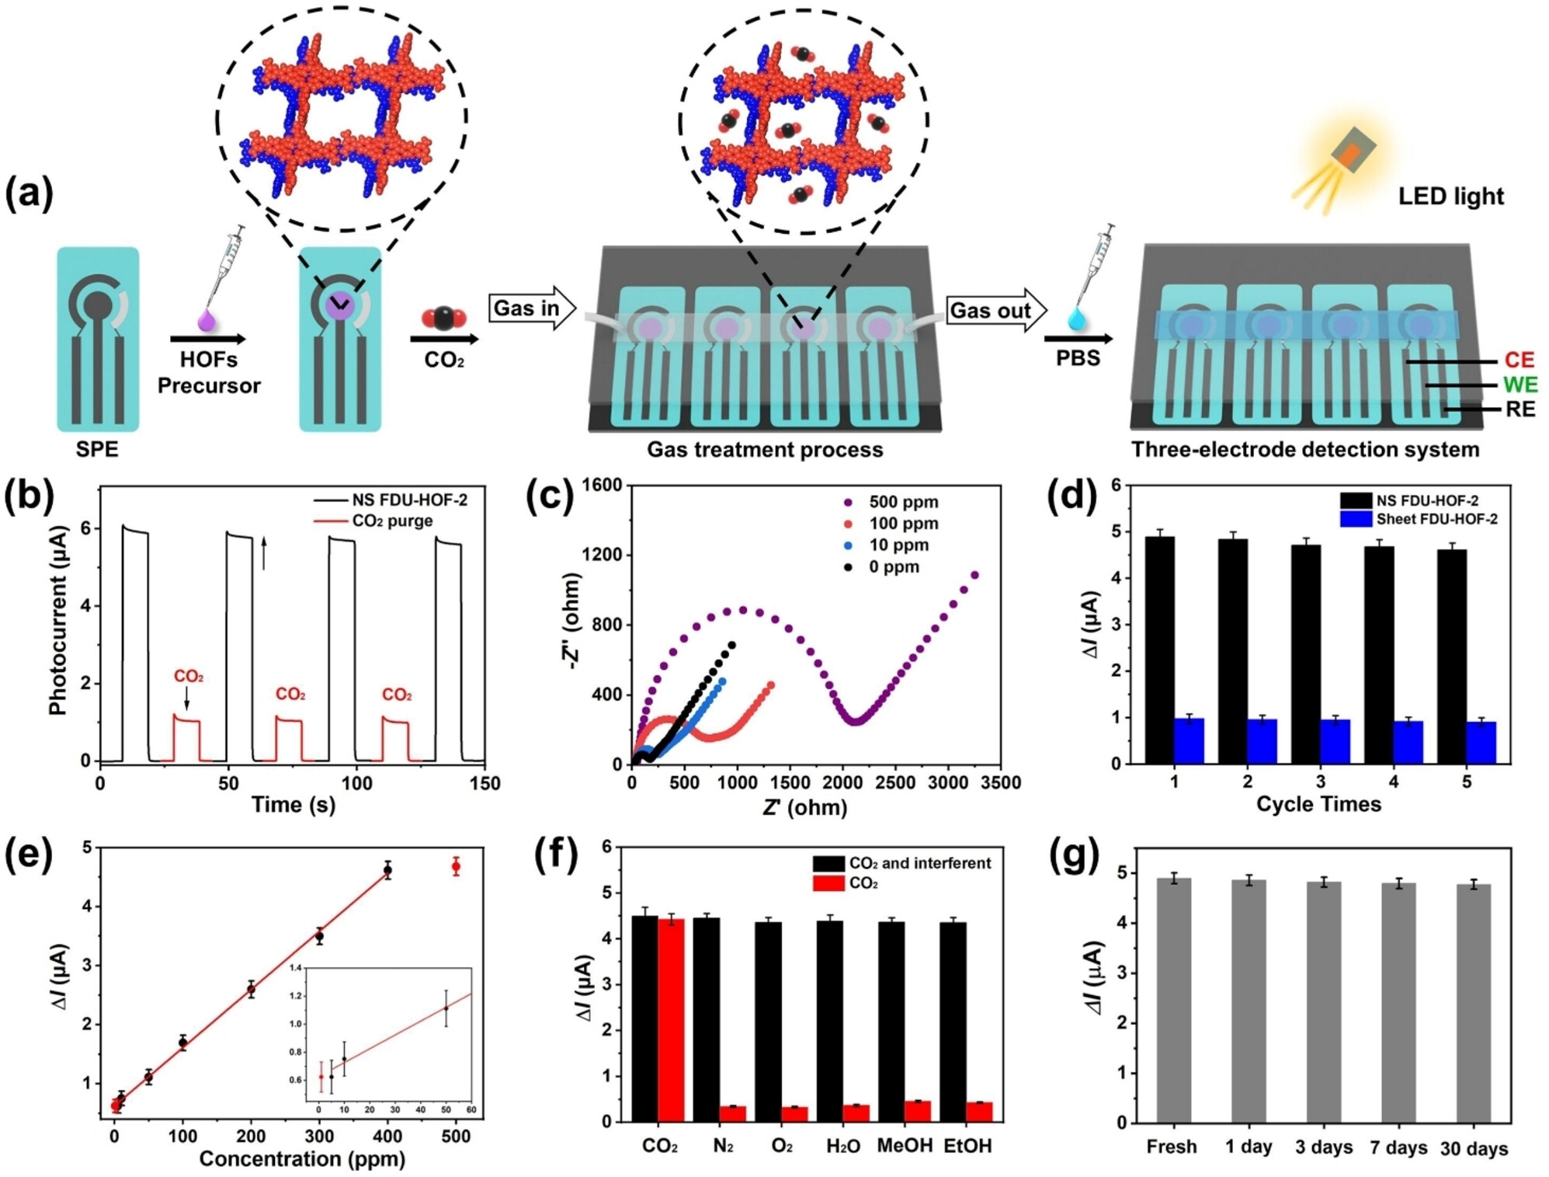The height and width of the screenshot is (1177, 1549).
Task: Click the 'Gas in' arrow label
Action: click(526, 308)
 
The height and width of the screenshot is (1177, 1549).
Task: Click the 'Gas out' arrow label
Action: click(990, 311)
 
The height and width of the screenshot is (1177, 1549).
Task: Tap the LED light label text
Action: click(1450, 197)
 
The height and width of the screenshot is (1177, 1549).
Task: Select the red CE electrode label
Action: click(1519, 360)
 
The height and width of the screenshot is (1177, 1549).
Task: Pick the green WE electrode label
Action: click(1519, 385)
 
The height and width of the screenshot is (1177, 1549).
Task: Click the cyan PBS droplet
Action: click(1077, 319)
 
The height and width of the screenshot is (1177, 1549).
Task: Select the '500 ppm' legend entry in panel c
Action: click(903, 502)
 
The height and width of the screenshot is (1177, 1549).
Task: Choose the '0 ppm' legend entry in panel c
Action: click(893, 567)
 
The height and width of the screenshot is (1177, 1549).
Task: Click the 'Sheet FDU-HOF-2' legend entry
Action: click(1436, 519)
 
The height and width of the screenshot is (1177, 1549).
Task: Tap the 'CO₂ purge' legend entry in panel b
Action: click(391, 521)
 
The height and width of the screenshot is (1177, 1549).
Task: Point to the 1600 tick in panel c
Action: click(602, 485)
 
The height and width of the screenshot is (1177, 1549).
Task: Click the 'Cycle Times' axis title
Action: click(1318, 804)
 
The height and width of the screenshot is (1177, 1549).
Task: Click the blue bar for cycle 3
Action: click(1335, 741)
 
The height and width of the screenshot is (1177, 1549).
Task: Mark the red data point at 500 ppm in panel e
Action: click(456, 866)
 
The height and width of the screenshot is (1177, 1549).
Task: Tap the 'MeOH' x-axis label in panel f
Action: click(904, 1146)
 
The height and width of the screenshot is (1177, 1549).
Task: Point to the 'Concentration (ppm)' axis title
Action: click(302, 1158)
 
